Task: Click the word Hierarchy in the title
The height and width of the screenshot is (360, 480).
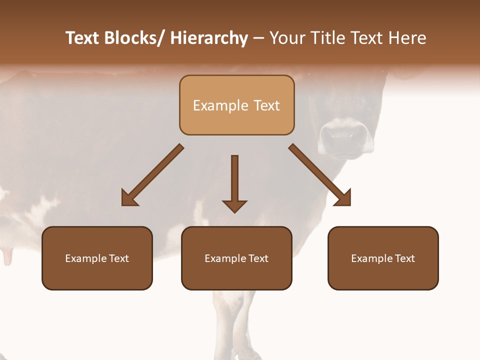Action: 208,38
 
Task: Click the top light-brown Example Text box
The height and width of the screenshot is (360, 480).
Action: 236,105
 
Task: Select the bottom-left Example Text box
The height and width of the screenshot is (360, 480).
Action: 97,258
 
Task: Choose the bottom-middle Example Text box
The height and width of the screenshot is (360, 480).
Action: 236,258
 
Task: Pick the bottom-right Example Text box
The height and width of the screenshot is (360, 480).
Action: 383,258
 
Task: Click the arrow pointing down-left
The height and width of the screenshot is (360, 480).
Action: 152,175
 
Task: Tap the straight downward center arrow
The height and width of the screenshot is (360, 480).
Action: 234,183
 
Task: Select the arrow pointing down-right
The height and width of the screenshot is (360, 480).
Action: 320,175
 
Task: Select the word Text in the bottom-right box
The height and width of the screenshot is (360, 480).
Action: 404,258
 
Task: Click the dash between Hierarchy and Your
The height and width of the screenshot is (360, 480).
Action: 258,38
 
